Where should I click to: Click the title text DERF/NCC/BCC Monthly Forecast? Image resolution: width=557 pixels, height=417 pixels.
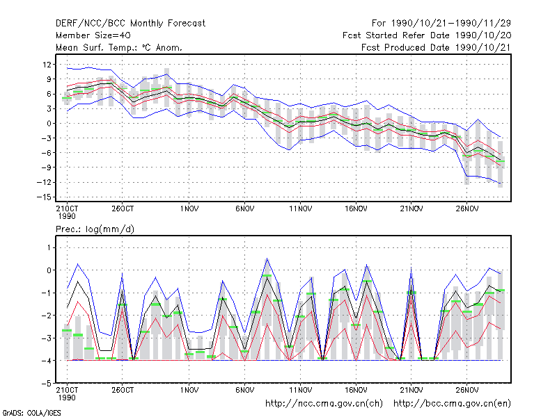coord(130,24)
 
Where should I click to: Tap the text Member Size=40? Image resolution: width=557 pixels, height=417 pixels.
coord(93,35)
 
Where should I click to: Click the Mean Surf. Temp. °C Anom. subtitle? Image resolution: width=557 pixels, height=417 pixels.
coord(119,47)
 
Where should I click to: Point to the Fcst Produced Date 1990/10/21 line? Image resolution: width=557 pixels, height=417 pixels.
coord(436,47)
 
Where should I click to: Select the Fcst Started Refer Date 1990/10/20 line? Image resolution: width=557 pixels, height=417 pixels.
coord(427,35)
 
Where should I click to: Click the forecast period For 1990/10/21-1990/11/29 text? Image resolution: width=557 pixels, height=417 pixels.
coord(441,24)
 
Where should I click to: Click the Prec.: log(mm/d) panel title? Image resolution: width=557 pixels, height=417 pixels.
coord(95,229)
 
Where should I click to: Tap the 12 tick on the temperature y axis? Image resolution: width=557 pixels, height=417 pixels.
coord(47,65)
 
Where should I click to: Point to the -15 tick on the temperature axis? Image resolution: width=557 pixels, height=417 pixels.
coord(44,197)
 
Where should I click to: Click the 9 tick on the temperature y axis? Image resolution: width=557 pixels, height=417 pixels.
coord(49,79)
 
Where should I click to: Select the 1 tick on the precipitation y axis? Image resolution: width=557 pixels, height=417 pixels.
coord(49,247)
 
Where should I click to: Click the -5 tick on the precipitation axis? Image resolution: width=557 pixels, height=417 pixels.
coord(47,384)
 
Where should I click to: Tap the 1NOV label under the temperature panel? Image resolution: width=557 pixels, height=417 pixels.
coord(189,208)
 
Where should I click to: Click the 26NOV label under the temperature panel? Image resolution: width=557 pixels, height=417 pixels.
coord(466,208)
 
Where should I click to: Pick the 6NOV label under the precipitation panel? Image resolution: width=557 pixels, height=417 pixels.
coord(245,390)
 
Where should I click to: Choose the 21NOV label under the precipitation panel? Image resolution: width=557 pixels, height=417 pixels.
coord(411,390)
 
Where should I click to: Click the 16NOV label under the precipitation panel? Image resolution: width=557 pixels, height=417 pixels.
coord(356,390)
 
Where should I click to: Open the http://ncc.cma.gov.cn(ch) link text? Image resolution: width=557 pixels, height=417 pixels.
coord(324,404)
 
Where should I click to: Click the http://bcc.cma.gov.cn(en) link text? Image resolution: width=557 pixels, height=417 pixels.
coord(452,404)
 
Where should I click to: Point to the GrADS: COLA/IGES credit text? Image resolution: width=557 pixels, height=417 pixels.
coord(32,413)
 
